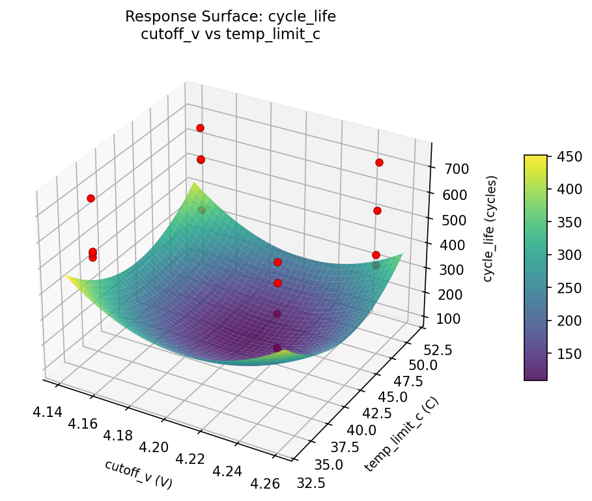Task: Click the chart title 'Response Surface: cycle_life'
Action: click(230, 16)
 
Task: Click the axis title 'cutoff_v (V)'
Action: click(138, 474)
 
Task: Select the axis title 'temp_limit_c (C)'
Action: click(401, 434)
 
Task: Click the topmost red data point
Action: click(200, 128)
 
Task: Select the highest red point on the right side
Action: click(379, 162)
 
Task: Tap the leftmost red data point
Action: click(91, 198)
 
